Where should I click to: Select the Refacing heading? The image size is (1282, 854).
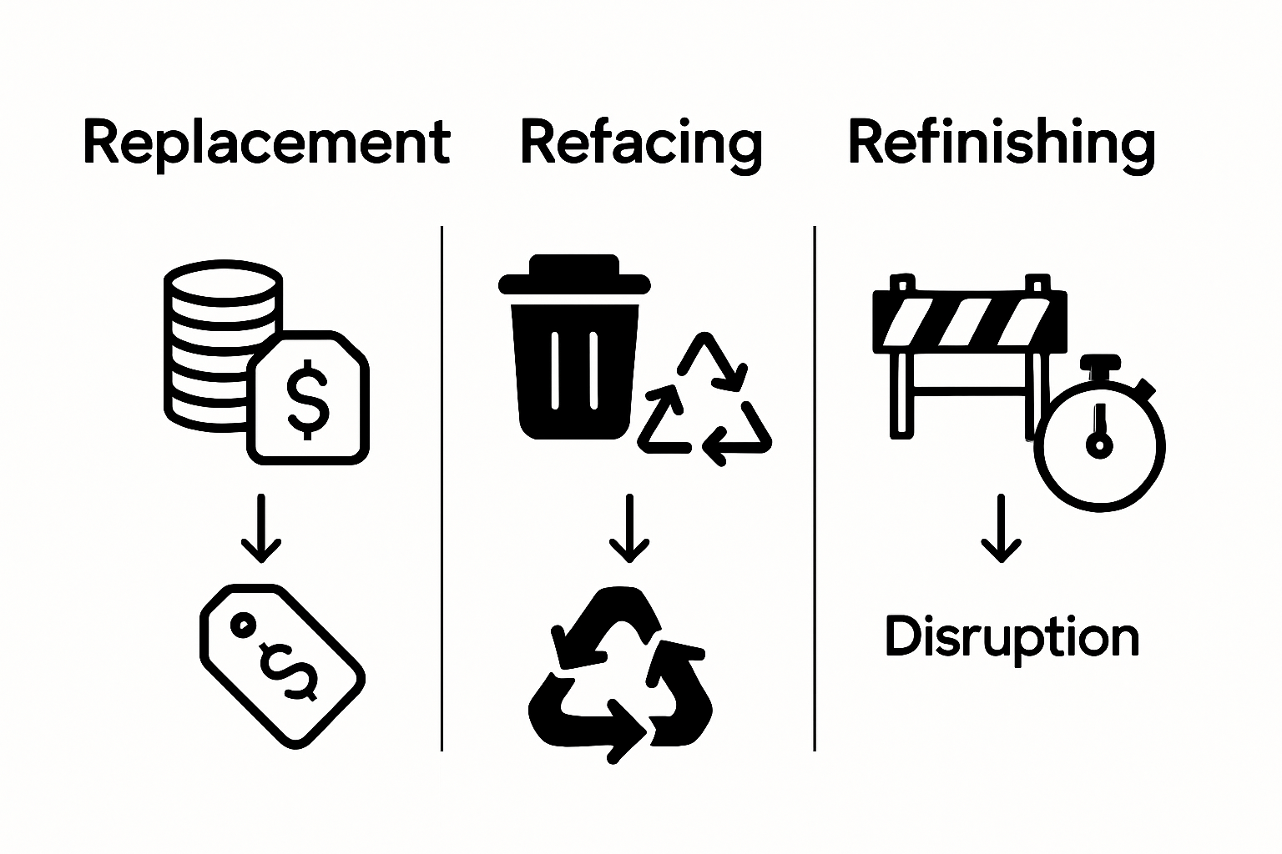coord(641,143)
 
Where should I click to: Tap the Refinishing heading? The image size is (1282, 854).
coord(1001,143)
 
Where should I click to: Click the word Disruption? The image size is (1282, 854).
coord(1012,638)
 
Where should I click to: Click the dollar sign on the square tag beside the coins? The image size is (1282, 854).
coord(307,399)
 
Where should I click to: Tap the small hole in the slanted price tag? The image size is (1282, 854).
coord(243,623)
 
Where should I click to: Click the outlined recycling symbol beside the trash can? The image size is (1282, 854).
coord(705,400)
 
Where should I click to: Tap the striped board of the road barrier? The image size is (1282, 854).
coord(969,322)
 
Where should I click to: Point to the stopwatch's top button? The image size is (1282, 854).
coord(1100,364)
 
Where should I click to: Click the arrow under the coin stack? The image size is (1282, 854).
coord(260,529)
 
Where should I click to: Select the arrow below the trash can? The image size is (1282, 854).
coord(628,529)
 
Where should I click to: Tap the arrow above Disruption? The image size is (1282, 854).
coord(1000,529)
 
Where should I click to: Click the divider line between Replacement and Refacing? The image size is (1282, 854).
coord(442,488)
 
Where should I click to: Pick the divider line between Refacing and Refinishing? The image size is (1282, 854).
coord(815,488)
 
